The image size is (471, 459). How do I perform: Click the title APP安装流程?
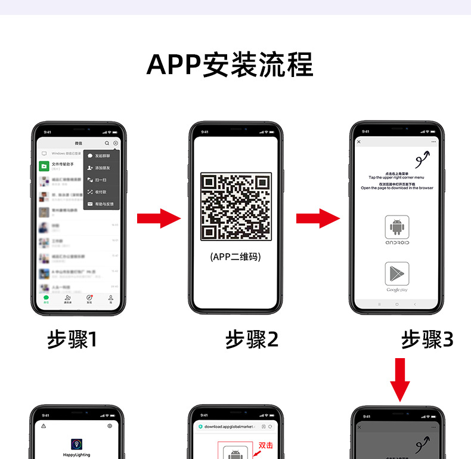point(230,64)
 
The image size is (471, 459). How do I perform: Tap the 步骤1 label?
point(72,340)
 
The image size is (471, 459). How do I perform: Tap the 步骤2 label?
point(252,340)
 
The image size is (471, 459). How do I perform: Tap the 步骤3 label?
point(427,340)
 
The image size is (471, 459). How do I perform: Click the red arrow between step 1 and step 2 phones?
point(159,218)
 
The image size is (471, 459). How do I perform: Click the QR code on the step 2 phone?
point(235,206)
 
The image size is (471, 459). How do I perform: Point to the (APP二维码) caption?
point(235,257)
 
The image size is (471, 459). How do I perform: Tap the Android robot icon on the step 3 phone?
point(397,227)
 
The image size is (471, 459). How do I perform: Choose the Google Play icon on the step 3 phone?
point(397,274)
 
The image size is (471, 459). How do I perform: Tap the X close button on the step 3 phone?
point(359,142)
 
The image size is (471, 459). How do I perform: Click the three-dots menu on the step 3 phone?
point(434,142)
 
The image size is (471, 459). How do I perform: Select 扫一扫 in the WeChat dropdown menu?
point(101,180)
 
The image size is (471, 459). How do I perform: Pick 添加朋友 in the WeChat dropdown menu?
point(102,168)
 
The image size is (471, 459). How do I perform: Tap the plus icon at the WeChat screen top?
point(116,143)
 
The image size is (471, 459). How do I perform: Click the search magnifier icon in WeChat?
point(107,143)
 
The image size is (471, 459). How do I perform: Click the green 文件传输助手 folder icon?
point(44,165)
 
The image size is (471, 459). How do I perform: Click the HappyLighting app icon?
point(77,445)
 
